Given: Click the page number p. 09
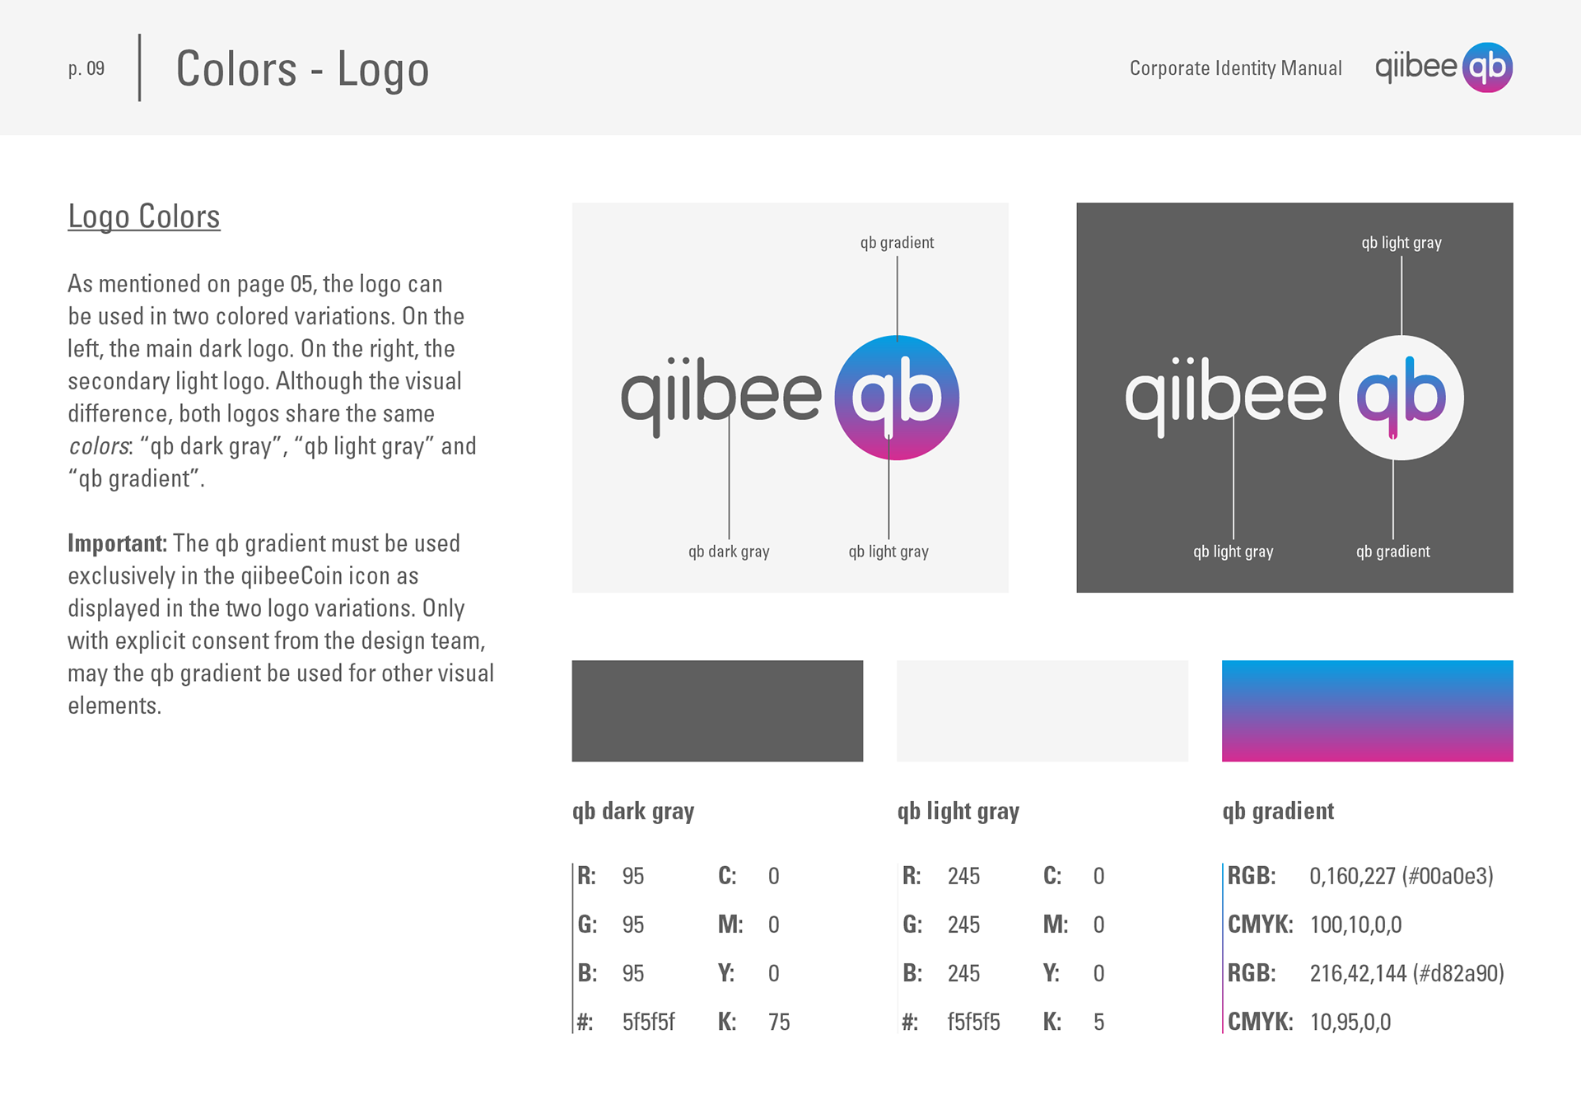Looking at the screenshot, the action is tap(86, 68).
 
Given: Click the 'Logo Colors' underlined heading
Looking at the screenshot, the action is tap(144, 217).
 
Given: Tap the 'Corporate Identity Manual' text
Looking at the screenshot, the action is tap(1235, 68).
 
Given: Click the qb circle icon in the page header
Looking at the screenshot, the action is tap(1487, 68).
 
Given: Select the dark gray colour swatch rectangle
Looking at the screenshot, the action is tap(717, 710).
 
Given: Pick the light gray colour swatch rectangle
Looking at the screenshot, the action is tap(1042, 710).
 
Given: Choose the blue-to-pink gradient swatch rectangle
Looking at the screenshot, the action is tap(1368, 710).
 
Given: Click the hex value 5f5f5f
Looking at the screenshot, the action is tap(648, 1022).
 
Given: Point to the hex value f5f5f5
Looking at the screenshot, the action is tap(973, 1022).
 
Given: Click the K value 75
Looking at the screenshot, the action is tap(779, 1022).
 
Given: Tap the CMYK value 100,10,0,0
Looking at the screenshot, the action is tap(1355, 925).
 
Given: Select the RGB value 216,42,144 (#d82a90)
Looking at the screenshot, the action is tap(1406, 973).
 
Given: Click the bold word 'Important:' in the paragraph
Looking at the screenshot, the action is tap(117, 543).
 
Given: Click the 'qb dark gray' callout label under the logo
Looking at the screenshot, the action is tap(729, 552).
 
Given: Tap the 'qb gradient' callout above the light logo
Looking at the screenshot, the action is tap(897, 243).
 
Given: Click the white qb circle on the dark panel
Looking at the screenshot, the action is tap(1401, 398).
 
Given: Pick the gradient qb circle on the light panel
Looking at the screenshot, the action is tap(897, 398).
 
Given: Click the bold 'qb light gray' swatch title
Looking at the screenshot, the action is tap(958, 812).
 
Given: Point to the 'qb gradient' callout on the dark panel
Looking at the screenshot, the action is tap(1393, 552).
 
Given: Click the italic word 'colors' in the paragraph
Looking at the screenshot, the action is tap(99, 446).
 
